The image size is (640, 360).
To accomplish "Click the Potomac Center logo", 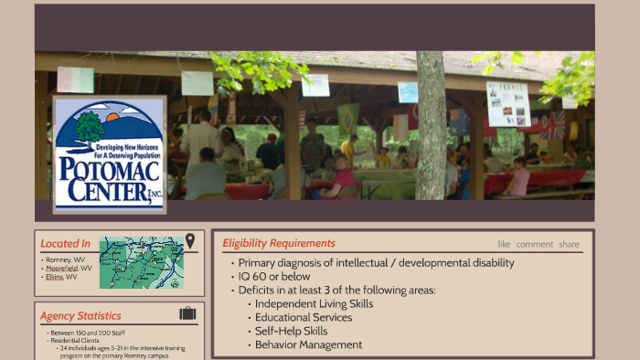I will pos(110,154).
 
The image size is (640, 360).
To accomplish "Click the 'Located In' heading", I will pos(65,244).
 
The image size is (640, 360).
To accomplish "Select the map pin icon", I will pos(190,240).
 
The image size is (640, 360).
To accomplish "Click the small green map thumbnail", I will pos(141,262).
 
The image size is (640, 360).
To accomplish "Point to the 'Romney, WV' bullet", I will pos(67,259).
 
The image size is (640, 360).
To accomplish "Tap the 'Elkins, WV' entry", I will pos(62,277).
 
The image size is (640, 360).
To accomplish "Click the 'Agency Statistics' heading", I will pos(80,316).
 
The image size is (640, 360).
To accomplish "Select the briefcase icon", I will pos(187,313).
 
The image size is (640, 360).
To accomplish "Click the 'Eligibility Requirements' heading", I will pos(279,243).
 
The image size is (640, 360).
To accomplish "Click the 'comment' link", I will pos(534,244).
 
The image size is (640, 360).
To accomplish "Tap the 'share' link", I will pos(569,244).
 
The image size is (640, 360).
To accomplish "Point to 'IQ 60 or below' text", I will pos(274,276).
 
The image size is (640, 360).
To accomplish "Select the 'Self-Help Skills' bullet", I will pos(291,331).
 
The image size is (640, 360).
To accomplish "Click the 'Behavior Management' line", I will pos(308,344).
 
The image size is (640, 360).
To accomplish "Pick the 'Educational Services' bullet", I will pos(303,317).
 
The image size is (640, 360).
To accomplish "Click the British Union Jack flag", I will pos(551,125).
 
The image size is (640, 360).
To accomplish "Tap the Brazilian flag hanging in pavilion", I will pos(348,118).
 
